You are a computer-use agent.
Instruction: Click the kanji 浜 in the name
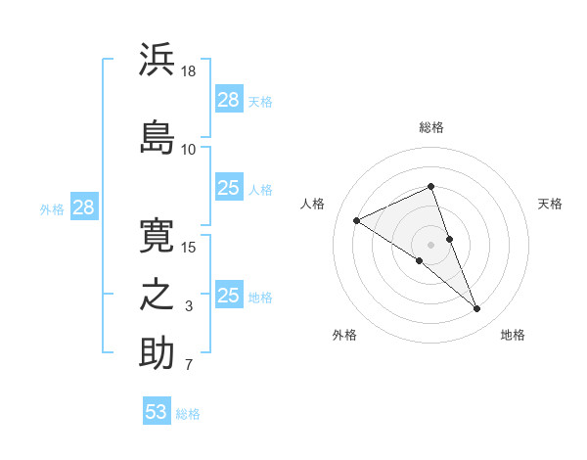157,59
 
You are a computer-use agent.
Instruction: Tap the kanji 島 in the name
157,137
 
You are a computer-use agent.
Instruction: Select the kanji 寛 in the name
157,236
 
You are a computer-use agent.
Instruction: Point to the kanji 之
157,295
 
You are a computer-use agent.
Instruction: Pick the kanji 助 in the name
157,352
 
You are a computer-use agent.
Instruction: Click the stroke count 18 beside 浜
188,71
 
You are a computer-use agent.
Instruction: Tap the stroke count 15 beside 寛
188,248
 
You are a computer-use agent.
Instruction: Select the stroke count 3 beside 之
189,306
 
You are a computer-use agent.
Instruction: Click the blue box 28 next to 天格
229,99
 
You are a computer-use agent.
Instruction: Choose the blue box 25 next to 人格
229,187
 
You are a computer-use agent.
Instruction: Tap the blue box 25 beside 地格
229,294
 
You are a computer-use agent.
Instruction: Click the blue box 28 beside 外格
84,207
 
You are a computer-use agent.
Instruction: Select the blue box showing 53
157,410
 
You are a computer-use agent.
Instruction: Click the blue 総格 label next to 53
188,414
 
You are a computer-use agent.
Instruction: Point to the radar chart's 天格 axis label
550,204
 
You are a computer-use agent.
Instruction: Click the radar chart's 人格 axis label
312,204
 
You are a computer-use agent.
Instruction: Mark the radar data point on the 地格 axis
476,308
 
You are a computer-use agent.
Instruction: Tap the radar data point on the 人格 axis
357,220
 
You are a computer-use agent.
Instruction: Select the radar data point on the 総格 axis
430,186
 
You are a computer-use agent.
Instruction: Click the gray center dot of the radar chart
430,245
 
